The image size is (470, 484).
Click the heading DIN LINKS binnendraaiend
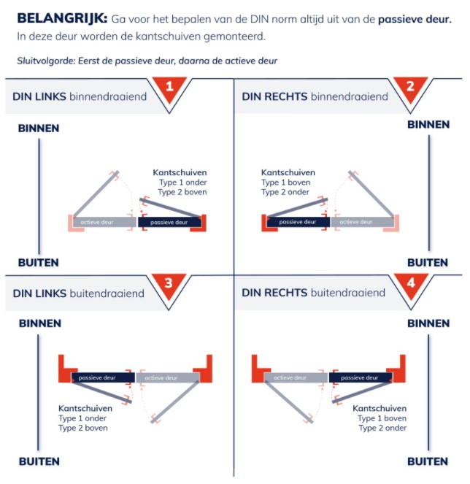tap(80, 96)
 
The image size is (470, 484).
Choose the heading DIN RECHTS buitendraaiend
tap(314, 293)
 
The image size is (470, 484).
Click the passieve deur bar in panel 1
tap(168, 222)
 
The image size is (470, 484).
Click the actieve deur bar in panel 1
tap(103, 222)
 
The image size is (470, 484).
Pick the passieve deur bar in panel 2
tap(298, 222)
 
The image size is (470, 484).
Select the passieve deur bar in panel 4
tap(361, 378)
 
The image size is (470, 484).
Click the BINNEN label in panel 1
tap(39, 128)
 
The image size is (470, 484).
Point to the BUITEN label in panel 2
tap(428, 262)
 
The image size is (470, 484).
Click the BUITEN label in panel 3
tap(39, 461)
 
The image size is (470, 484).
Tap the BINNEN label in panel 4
tap(428, 323)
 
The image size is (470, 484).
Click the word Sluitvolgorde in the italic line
tap(45, 60)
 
